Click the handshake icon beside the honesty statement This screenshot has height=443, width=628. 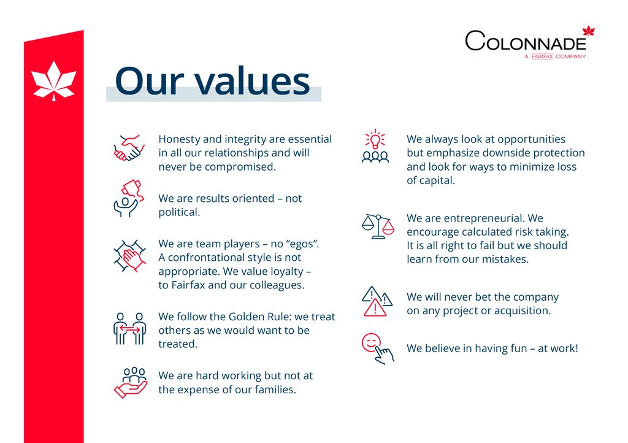129,148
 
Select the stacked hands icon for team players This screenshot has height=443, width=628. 129,256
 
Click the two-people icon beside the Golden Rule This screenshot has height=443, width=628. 129,329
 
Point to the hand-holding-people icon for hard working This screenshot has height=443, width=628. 131,382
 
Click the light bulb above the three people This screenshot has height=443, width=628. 375,139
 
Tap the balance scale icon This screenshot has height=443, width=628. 378,226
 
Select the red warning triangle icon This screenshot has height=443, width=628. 375,307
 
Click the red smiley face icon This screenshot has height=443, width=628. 371,342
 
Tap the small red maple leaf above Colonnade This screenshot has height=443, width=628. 588,31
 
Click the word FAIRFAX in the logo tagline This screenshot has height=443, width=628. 542,56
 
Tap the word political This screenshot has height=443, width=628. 179,212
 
